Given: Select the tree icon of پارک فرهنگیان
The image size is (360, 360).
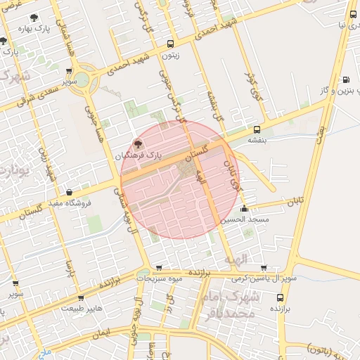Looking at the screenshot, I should coord(137,143).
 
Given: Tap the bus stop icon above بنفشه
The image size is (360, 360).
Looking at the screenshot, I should coord(257,129).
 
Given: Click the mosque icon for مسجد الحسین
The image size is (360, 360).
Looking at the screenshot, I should coord(244,208).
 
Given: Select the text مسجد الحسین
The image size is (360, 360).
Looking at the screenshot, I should coord(244,220).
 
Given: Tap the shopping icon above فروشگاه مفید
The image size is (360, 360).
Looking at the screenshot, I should coord(69,192).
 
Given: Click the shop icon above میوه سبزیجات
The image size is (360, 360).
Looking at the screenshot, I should coord(159,268).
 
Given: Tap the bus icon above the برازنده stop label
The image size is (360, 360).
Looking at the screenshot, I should coord(281,297).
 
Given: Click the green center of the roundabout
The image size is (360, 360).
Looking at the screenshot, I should coord(82,78).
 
